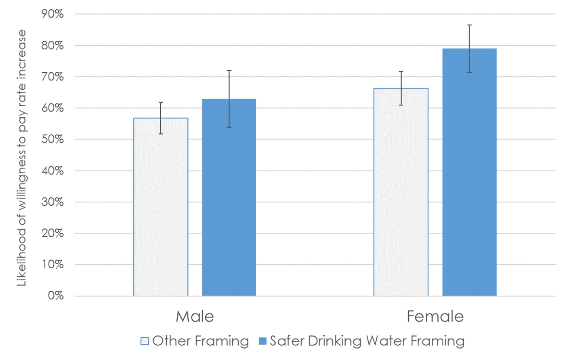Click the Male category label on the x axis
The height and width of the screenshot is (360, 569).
(195, 316)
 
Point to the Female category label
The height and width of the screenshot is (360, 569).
(435, 316)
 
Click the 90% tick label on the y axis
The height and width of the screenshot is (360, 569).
(52, 14)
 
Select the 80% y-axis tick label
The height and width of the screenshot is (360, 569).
(52, 46)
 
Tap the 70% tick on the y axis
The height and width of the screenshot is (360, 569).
(52, 77)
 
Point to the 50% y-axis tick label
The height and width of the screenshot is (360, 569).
(52, 139)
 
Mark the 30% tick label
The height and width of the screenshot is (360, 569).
(52, 202)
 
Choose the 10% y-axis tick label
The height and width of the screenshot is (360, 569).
(52, 265)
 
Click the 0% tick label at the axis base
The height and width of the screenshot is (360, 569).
(56, 296)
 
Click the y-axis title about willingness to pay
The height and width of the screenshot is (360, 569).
(21, 158)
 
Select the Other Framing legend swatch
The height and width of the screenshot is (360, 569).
(145, 341)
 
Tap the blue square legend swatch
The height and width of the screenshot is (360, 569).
(262, 341)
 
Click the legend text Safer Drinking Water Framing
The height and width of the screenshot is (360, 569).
(367, 341)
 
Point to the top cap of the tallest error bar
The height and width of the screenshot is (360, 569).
(469, 25)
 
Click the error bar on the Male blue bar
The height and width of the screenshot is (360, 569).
(229, 99)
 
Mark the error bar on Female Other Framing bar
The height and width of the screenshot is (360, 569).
(401, 88)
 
